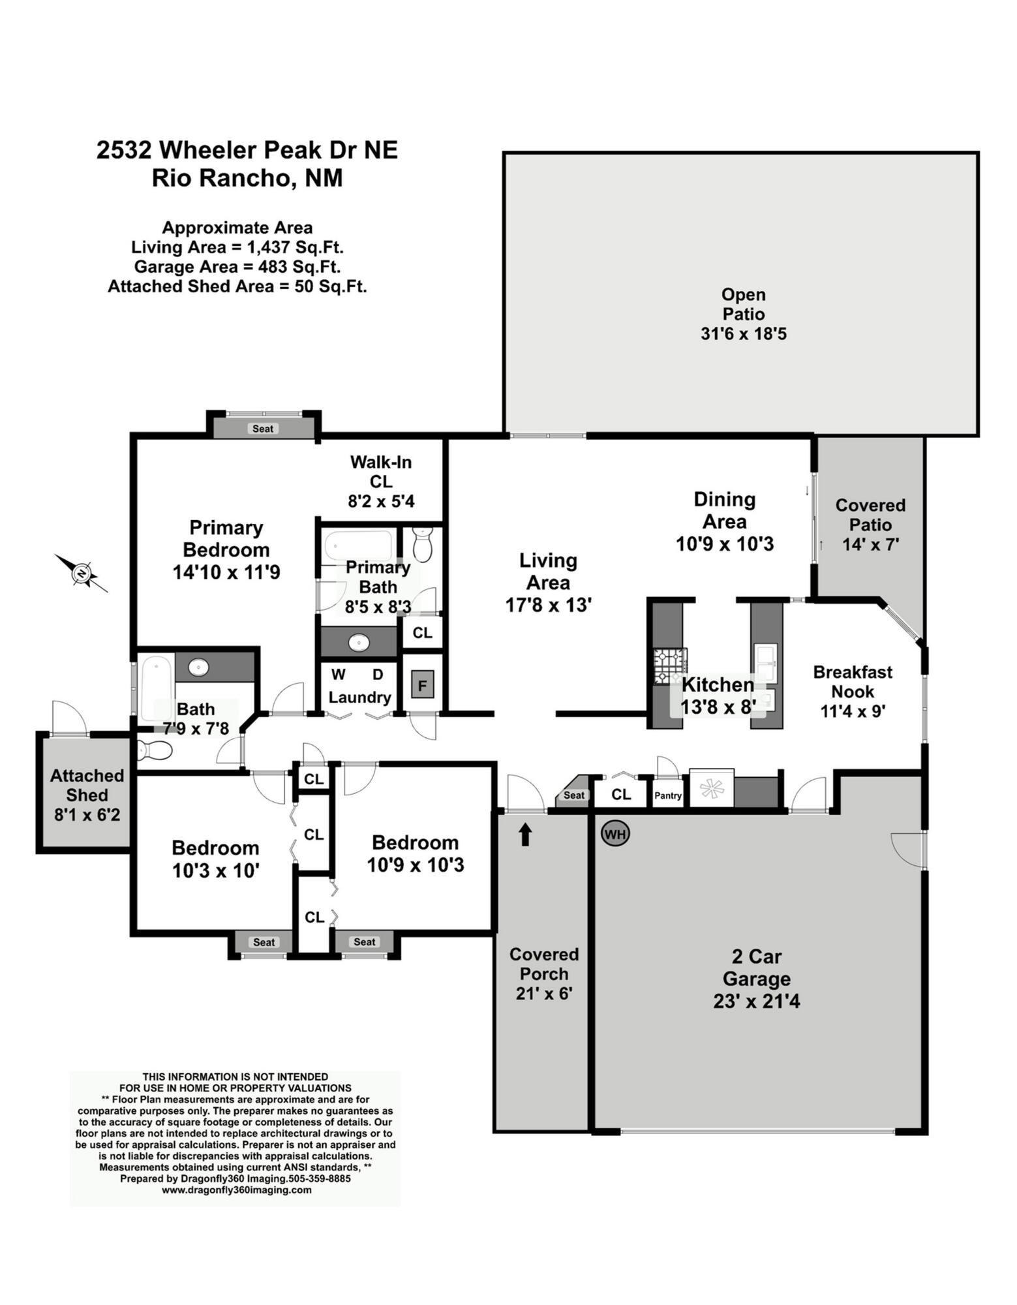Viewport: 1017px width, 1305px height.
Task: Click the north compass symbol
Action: tap(82, 573)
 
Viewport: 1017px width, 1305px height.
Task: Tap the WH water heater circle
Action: tap(615, 834)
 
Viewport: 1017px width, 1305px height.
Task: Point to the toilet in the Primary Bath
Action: tap(423, 544)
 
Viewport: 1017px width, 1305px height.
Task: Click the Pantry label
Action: tap(668, 796)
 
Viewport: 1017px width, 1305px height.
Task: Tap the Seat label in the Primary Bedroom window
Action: tap(263, 429)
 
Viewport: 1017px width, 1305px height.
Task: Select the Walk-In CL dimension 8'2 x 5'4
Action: tap(381, 501)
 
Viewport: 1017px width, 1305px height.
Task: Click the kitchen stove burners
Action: tap(669, 666)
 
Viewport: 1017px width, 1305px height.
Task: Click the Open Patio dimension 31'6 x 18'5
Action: tap(744, 334)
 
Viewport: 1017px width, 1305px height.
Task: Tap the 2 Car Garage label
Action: tap(757, 968)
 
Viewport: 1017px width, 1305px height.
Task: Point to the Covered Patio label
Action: tap(870, 515)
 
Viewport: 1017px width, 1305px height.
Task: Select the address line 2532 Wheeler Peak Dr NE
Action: tap(247, 150)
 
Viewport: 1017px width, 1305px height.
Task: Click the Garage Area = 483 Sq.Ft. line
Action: tap(237, 267)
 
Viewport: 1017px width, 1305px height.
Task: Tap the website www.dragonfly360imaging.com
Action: tap(236, 1190)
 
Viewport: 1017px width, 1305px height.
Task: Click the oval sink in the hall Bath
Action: tap(198, 667)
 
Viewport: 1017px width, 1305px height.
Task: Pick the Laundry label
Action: tap(359, 697)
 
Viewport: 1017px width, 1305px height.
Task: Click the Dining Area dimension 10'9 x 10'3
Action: tap(725, 544)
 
